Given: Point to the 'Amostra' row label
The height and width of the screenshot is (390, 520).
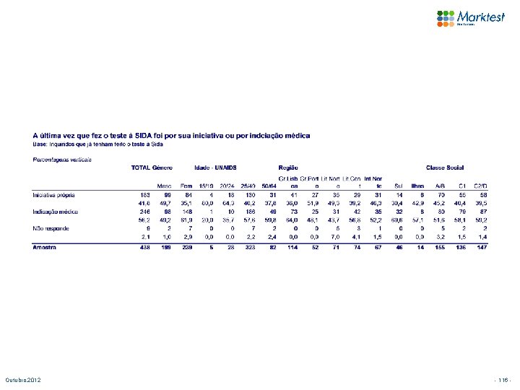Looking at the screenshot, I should coord(45,247).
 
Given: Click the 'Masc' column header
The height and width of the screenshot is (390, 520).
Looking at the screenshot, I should coord(164,185).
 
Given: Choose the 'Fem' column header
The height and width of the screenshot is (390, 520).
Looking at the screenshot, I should coord(186,185).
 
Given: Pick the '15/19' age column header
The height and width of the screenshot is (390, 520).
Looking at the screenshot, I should coord(206,185).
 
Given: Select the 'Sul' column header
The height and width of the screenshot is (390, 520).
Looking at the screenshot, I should coord(399,185).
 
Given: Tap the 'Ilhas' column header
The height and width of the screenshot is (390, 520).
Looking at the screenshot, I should coord(417,185).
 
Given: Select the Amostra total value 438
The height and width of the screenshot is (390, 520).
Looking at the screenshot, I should coord(144,247).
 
